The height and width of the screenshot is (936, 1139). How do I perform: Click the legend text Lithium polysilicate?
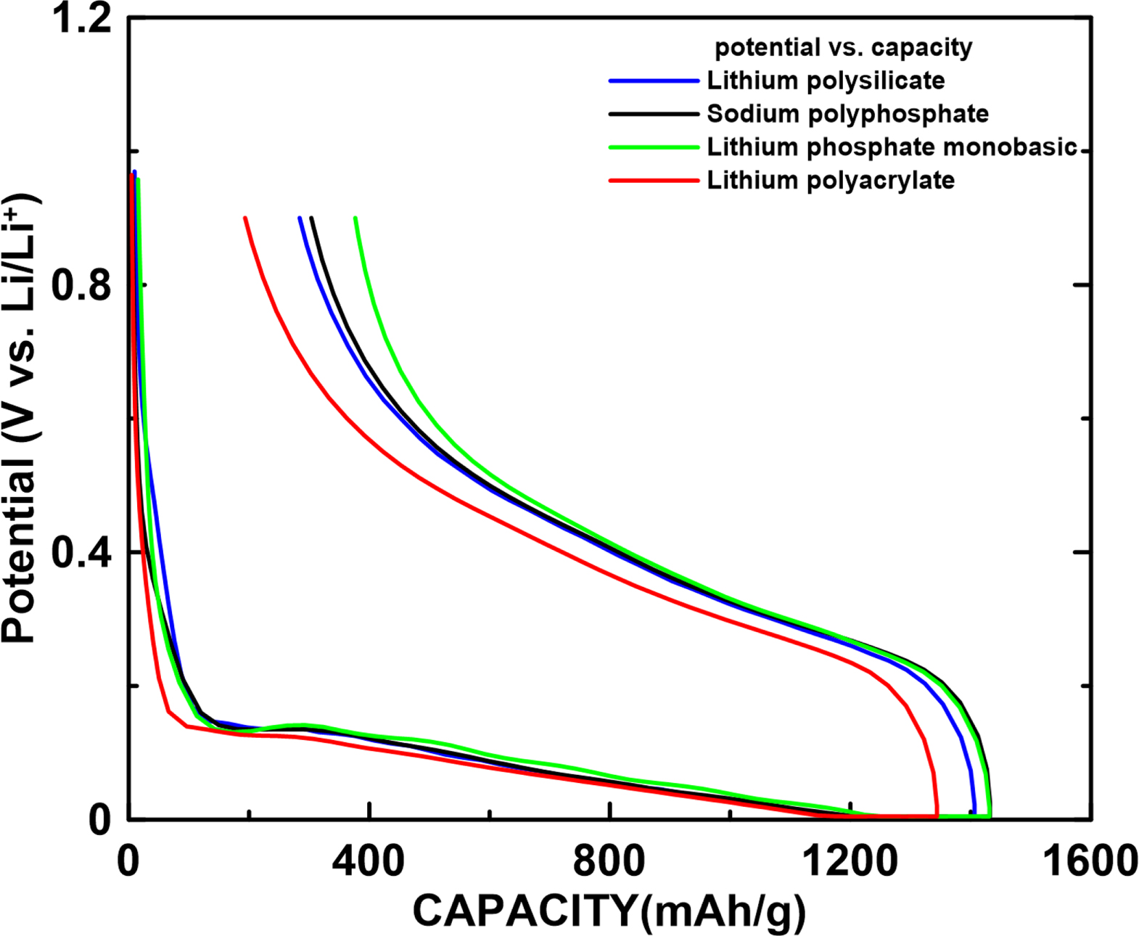pyautogui.click(x=826, y=81)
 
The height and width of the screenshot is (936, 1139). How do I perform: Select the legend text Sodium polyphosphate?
pyautogui.click(x=847, y=114)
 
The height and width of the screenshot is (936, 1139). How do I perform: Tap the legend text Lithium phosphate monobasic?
pyautogui.click(x=892, y=147)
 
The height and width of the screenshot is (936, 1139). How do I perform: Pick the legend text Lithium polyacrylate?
pyautogui.click(x=831, y=180)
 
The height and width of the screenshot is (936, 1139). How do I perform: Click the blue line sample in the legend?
pyautogui.click(x=654, y=81)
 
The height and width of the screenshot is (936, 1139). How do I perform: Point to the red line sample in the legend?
pyautogui.click(x=654, y=181)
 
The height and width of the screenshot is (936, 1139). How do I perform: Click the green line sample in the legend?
pyautogui.click(x=654, y=147)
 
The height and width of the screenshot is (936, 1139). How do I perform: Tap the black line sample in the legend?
pyautogui.click(x=654, y=115)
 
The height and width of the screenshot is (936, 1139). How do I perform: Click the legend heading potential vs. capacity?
pyautogui.click(x=843, y=48)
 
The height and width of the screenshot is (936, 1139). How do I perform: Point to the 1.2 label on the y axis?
pyautogui.click(x=82, y=20)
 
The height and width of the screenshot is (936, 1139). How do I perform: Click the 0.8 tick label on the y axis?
pyautogui.click(x=82, y=285)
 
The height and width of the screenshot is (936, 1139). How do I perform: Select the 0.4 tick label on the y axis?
pyautogui.click(x=82, y=553)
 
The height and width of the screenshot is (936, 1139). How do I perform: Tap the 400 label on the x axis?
pyautogui.click(x=369, y=862)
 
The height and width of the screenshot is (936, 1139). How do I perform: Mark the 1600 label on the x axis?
pyautogui.click(x=1088, y=862)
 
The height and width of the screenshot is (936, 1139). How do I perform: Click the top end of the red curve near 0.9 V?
pyautogui.click(x=245, y=218)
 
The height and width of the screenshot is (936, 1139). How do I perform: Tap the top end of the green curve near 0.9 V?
pyautogui.click(x=355, y=218)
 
